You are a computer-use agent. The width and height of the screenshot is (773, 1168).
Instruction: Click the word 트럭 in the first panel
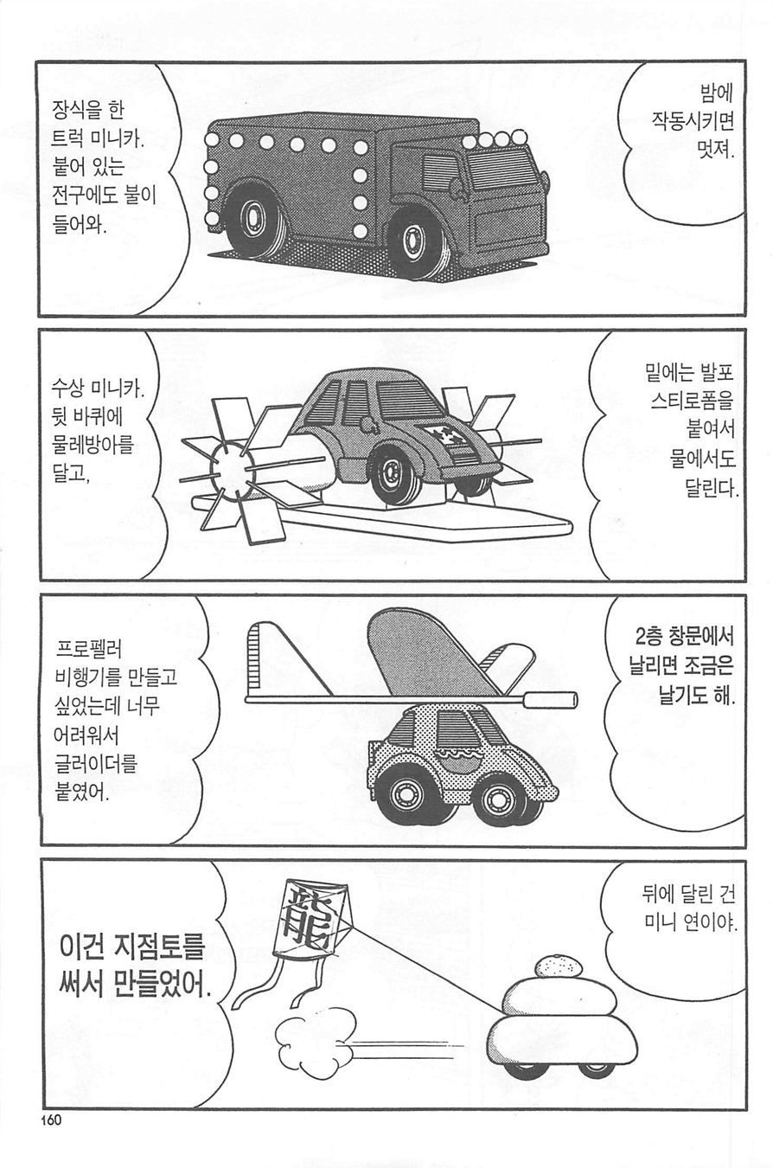point(67,139)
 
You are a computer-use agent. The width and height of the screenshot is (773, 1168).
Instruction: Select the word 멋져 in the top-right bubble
point(715,151)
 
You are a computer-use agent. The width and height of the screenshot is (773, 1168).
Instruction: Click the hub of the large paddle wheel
point(228,467)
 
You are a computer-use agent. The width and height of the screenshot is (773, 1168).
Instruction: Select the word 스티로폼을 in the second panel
point(693,401)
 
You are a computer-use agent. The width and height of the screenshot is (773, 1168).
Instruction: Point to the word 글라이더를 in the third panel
point(95,765)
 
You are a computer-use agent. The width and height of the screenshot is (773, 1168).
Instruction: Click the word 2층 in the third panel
point(648,637)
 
